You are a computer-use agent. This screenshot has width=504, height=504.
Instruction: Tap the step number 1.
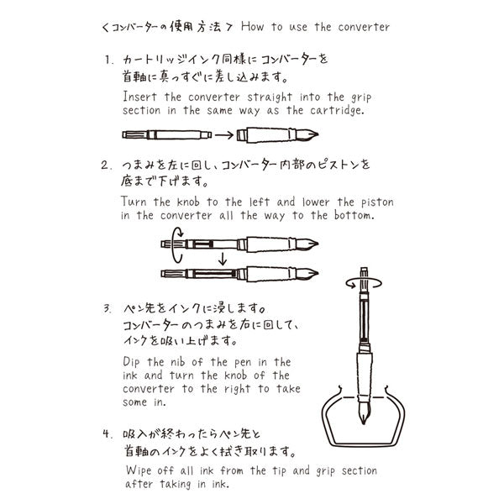[107, 60]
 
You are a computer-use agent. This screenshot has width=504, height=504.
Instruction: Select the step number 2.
[107, 165]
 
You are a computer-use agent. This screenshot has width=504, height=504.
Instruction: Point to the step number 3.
[107, 307]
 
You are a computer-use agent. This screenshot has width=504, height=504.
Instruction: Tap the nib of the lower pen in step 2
[312, 275]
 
